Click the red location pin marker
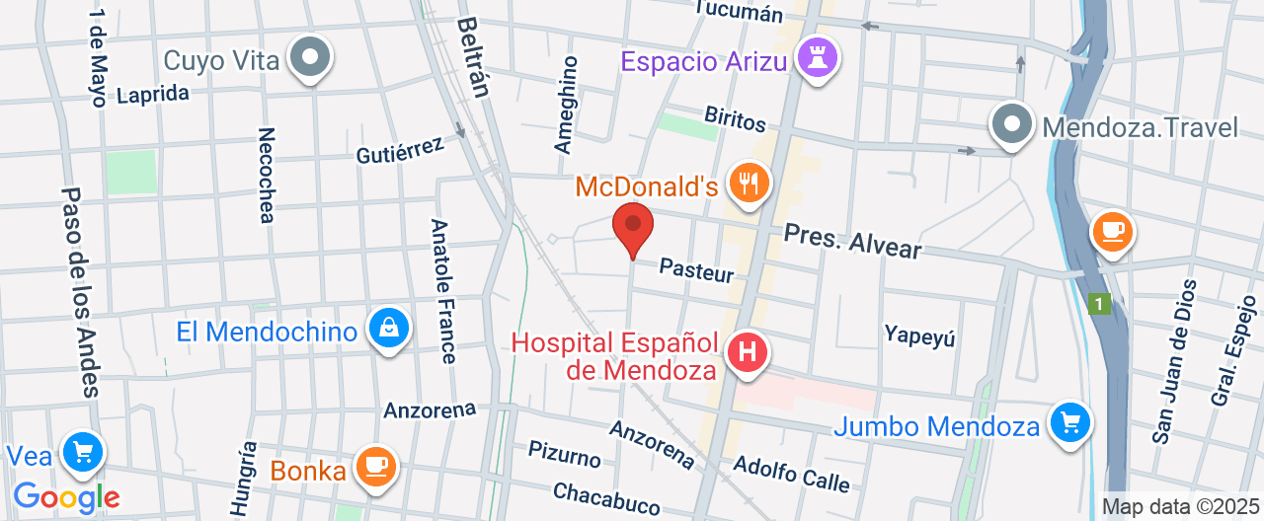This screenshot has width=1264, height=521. pos(633,227)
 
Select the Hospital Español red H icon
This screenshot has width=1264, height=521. pos(748,351)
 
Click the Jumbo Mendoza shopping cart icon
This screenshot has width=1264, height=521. pos(1069,424)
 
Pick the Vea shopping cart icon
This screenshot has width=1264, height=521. pos(82,453)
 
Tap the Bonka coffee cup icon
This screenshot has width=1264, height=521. pos(375,466)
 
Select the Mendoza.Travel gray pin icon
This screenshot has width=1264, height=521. pos(1012,124)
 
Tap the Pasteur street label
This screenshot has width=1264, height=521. pos(697,269)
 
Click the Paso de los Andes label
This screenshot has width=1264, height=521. pos(80,292)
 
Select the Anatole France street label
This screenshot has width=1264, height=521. pos(443,290)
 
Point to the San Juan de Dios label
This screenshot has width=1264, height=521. pos(1174,360)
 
